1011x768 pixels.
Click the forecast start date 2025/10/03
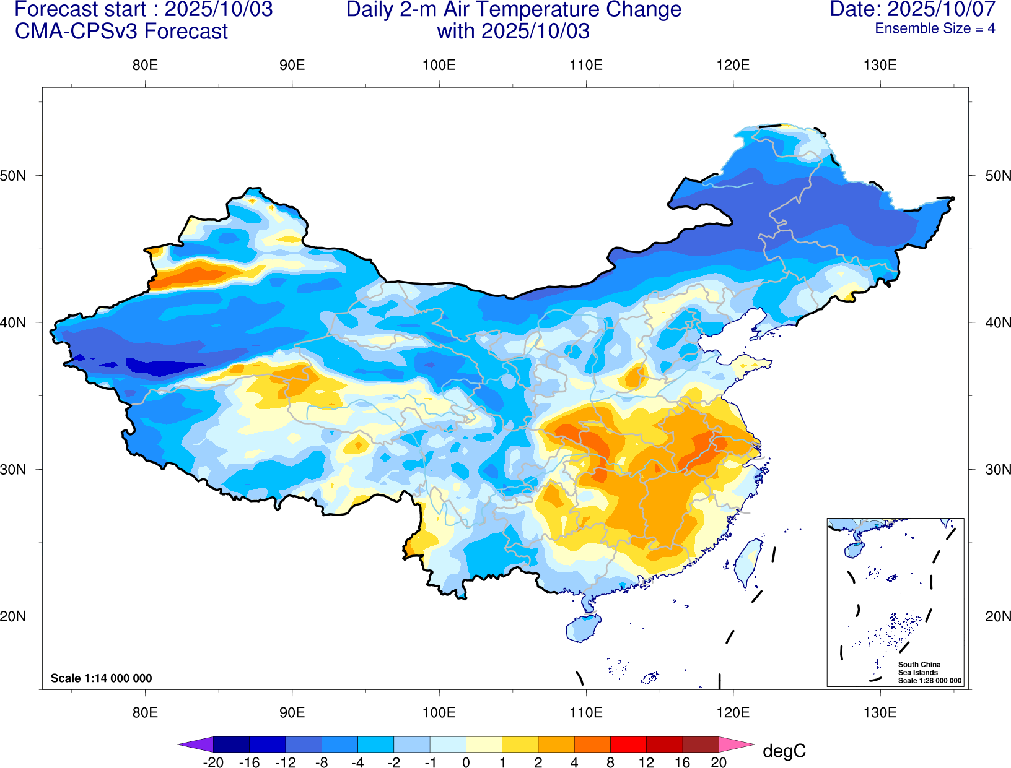click(x=219, y=9)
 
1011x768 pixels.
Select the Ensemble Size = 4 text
click(x=934, y=28)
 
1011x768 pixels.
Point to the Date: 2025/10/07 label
click(x=913, y=9)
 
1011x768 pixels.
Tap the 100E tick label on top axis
click(x=439, y=66)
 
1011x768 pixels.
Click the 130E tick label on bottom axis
click(x=880, y=712)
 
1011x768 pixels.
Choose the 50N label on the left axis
click(x=14, y=176)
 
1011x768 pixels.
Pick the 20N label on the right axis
click(x=997, y=616)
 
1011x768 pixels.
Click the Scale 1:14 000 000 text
click(x=101, y=678)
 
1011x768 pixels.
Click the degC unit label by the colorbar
click(x=784, y=751)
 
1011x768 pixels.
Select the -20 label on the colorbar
click(x=213, y=762)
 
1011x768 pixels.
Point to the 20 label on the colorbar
click(x=719, y=762)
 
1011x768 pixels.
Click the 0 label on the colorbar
click(x=466, y=762)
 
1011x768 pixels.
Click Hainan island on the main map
click(x=582, y=629)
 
